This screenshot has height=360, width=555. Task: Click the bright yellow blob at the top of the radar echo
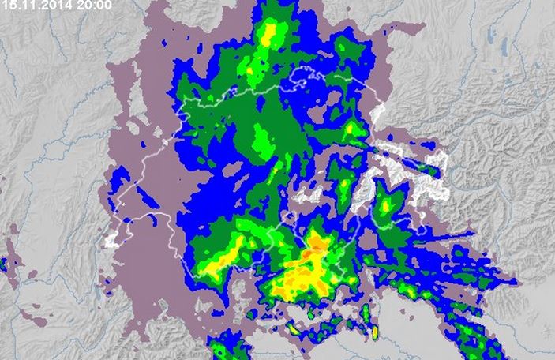[x=270, y=34]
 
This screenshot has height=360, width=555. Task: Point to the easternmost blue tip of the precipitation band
[x=517, y=280]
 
